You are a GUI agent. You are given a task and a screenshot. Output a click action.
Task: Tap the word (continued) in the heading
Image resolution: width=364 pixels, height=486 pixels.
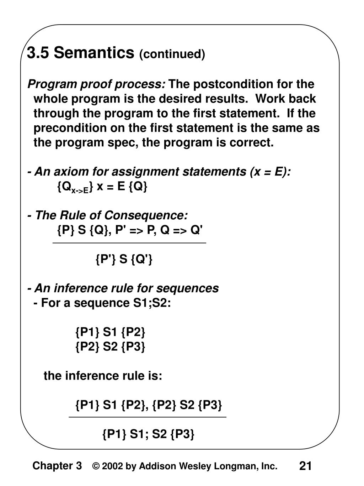[x=172, y=54]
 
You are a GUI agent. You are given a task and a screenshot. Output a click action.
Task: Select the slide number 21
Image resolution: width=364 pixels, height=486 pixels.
[x=305, y=466]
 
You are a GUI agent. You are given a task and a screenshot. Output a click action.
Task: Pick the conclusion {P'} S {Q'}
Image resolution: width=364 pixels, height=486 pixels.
[x=124, y=259]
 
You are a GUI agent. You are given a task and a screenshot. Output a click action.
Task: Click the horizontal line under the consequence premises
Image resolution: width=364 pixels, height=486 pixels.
[x=129, y=243]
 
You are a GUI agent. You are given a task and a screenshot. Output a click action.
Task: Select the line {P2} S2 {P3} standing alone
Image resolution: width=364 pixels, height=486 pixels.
[x=110, y=346]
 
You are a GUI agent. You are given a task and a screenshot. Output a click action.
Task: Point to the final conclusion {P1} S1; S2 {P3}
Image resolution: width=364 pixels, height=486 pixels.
[x=148, y=434]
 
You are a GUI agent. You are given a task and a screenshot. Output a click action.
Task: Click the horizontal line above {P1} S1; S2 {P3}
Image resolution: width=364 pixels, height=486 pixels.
[x=147, y=417]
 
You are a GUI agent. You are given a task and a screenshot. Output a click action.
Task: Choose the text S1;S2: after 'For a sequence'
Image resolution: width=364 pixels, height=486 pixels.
[x=150, y=303]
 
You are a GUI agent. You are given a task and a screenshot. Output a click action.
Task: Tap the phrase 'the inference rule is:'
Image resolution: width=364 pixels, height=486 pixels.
[x=103, y=376]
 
